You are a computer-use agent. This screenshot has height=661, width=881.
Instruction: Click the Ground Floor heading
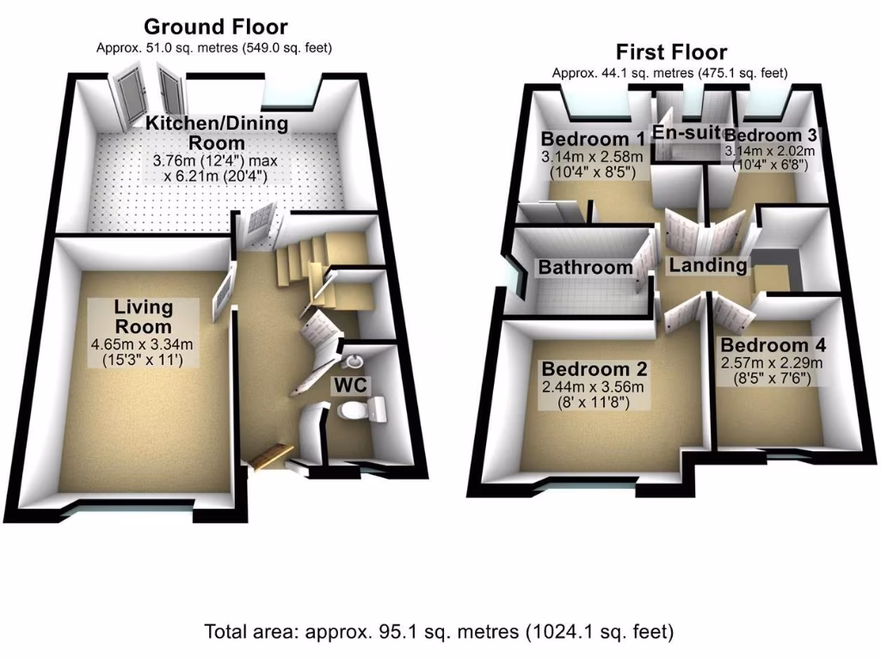(x=215, y=27)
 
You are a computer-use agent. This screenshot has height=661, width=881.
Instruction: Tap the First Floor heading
(x=670, y=53)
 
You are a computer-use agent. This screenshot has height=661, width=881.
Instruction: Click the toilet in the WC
(x=362, y=411)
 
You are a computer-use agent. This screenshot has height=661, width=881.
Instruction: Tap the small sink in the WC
(x=357, y=359)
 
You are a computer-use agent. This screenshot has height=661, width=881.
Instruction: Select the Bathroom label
(x=585, y=268)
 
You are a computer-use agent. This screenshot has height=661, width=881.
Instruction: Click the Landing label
(x=707, y=265)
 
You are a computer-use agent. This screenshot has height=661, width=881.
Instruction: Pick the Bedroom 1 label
(x=592, y=139)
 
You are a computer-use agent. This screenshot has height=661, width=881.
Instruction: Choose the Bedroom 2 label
(x=594, y=368)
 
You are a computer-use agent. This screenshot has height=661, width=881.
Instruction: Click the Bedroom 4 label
(x=773, y=346)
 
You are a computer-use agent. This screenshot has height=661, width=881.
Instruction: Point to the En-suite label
(x=686, y=132)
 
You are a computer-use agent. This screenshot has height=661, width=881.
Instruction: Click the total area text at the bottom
(x=439, y=631)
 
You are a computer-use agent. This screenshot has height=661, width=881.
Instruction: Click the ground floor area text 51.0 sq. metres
(x=214, y=47)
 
